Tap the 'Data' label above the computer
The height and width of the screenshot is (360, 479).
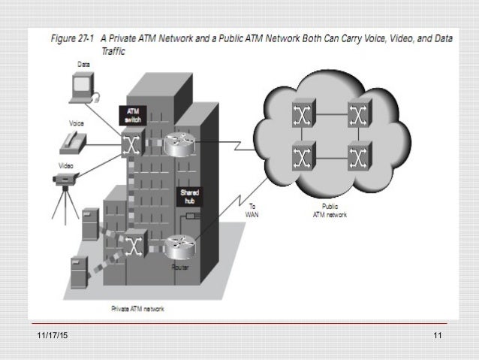click(84, 65)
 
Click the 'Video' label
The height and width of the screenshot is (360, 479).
click(67, 166)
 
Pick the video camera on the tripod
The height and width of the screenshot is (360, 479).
click(67, 181)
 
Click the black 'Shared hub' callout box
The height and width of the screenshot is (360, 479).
click(188, 197)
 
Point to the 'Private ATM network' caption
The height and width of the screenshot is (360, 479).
click(137, 309)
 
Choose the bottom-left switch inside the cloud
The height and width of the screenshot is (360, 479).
click(302, 156)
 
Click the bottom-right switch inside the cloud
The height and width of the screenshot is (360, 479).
click(359, 156)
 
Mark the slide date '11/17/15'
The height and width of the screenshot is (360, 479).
click(49, 335)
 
